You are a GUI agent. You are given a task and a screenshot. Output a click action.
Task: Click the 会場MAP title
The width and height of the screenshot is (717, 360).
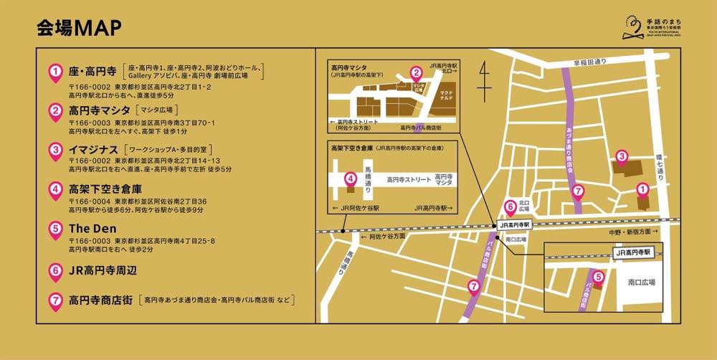pos(79,27)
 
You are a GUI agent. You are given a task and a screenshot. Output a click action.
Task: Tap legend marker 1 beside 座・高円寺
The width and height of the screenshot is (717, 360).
pos(55,72)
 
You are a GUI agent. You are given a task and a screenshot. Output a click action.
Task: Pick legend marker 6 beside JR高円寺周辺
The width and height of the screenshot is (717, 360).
pos(55,272)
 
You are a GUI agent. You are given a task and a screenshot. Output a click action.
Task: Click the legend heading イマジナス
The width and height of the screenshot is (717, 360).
pos(93,149)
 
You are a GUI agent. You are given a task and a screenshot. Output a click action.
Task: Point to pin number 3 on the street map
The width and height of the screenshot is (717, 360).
pos(622,157)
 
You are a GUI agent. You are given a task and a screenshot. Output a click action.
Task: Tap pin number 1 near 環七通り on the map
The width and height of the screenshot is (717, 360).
pos(642,190)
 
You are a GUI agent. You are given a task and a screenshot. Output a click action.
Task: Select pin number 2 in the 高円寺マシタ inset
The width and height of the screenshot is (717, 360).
pos(415,72)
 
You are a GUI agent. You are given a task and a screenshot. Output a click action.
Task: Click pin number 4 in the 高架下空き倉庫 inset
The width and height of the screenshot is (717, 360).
pos(350,179)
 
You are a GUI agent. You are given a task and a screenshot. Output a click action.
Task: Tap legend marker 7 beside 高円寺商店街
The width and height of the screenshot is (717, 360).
pos(55,300)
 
